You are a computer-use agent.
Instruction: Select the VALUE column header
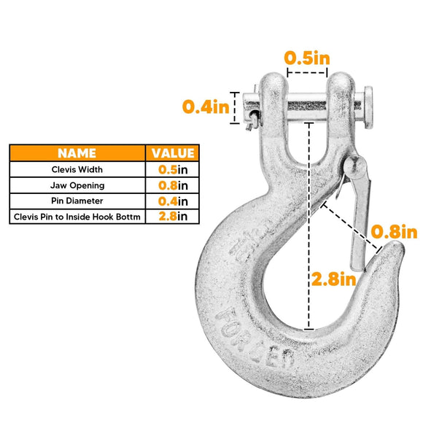[x=173, y=153]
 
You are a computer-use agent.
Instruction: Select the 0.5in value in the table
[x=173, y=169]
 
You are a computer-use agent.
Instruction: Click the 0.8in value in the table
[x=173, y=185]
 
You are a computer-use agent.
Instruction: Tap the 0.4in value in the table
[x=173, y=201]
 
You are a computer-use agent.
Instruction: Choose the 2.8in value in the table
[x=173, y=217]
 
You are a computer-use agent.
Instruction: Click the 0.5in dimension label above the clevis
[x=306, y=58]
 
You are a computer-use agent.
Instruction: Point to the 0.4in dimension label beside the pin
[x=206, y=106]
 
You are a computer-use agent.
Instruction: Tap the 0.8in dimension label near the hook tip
[x=394, y=232]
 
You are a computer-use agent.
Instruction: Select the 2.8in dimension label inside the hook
[x=334, y=278]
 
